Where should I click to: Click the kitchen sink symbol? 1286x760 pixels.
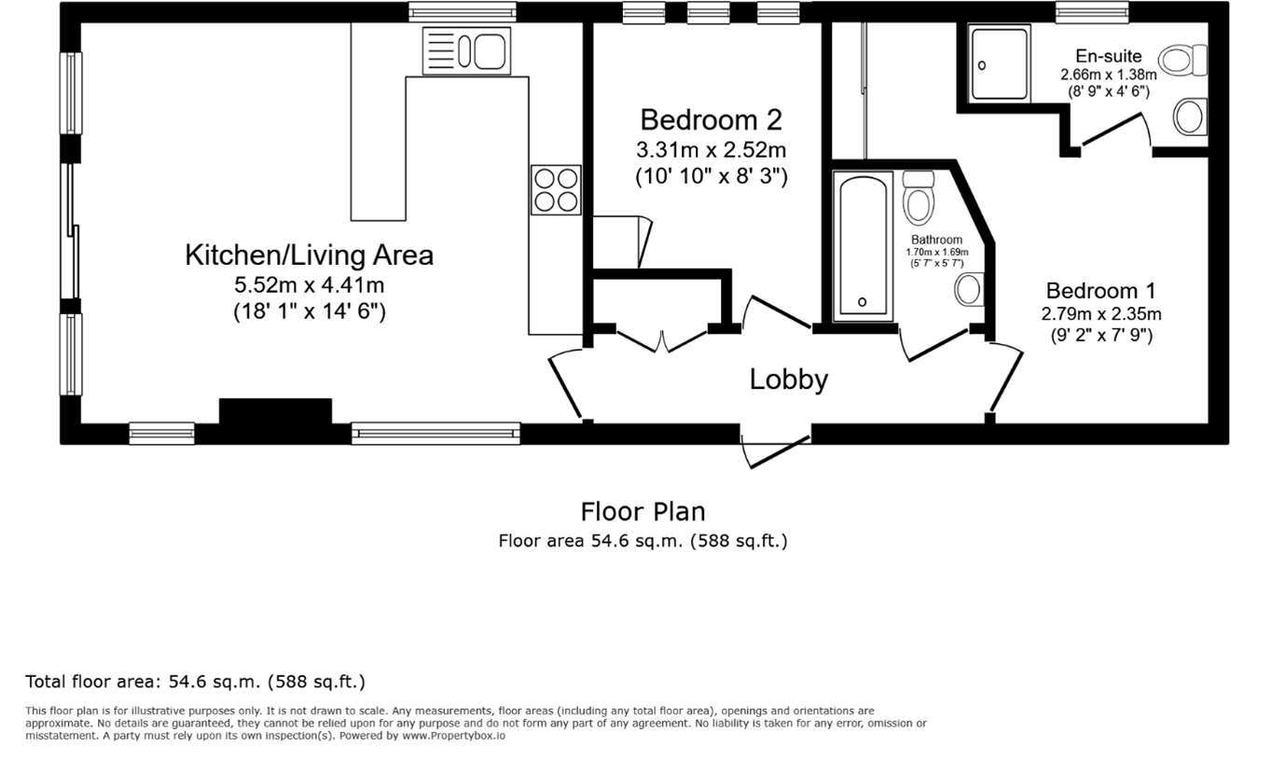point(466,50)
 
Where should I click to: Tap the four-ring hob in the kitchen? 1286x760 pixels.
point(556,189)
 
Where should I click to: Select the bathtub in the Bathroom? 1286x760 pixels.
point(862,245)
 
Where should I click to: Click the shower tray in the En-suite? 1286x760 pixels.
point(999,62)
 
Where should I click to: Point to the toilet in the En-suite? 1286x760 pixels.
point(1185,62)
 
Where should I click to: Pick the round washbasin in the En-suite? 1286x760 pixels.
point(1189,117)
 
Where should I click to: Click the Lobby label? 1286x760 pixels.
point(789,380)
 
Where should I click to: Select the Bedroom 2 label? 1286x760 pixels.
point(711,120)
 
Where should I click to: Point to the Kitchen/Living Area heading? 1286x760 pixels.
point(309,255)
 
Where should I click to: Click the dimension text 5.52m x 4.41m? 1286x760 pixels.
point(309,285)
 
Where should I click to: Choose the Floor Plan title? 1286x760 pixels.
point(643,512)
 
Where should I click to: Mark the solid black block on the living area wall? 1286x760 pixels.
point(275,412)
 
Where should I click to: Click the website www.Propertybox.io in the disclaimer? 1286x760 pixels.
point(453,736)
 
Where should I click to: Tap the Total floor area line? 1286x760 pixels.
point(195,682)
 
